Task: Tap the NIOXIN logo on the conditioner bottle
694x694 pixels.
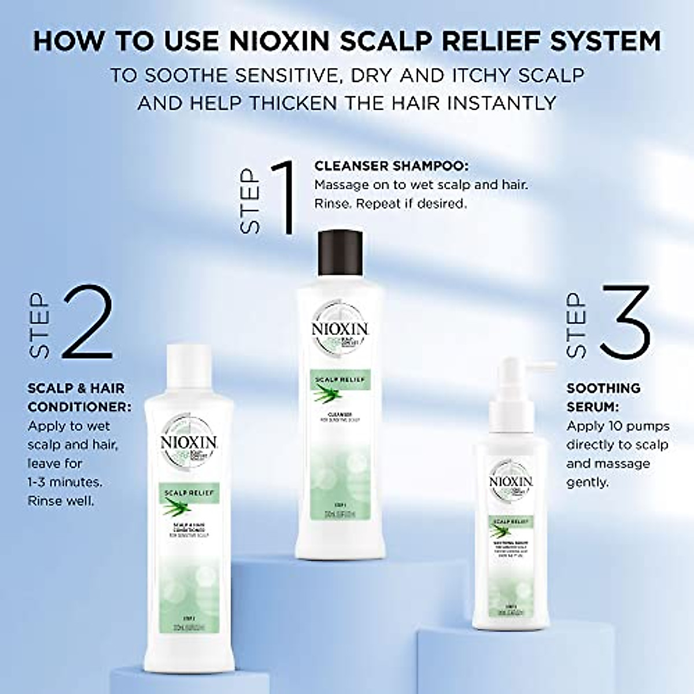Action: pyautogui.click(x=189, y=444)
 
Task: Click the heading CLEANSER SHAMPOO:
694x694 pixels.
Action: pyautogui.click(x=392, y=166)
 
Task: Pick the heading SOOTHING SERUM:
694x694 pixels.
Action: pyautogui.click(x=603, y=397)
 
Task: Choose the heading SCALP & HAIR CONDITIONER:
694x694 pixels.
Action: pyautogui.click(x=79, y=397)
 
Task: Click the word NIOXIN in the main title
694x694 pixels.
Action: pyautogui.click(x=280, y=42)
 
